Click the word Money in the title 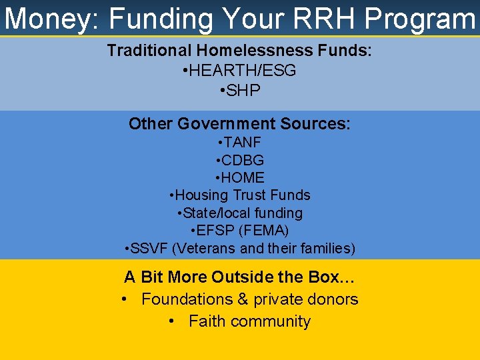coord(48,19)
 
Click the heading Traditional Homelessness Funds coord(239,51)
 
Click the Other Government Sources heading coord(239,124)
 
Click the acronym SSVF coord(150,249)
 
